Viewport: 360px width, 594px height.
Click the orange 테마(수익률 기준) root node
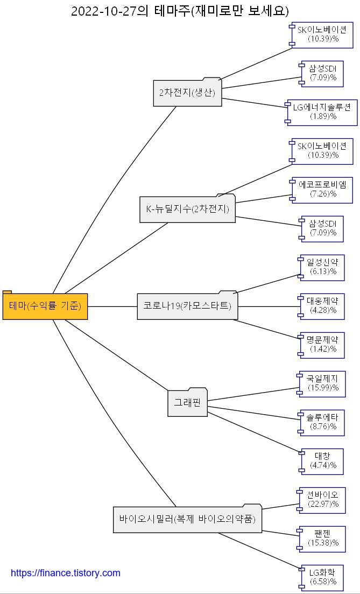tap(45, 306)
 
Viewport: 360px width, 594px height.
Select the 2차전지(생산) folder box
tap(187, 92)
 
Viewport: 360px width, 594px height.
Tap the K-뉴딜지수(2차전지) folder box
tap(187, 209)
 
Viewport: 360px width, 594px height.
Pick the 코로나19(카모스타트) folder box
tap(187, 306)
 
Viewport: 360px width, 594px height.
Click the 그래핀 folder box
tap(187, 402)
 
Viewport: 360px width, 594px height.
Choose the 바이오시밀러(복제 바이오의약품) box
tap(187, 520)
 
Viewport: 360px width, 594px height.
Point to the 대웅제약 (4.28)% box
tap(322, 306)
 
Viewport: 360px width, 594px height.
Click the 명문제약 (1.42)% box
tap(322, 345)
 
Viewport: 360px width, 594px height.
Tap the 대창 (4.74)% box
tap(322, 461)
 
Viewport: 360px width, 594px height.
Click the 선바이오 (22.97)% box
tap(322, 500)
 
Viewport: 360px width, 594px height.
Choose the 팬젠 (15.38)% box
tap(322, 539)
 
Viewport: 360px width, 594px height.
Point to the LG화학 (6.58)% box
tap(322, 577)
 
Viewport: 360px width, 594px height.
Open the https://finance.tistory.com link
tap(66, 573)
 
